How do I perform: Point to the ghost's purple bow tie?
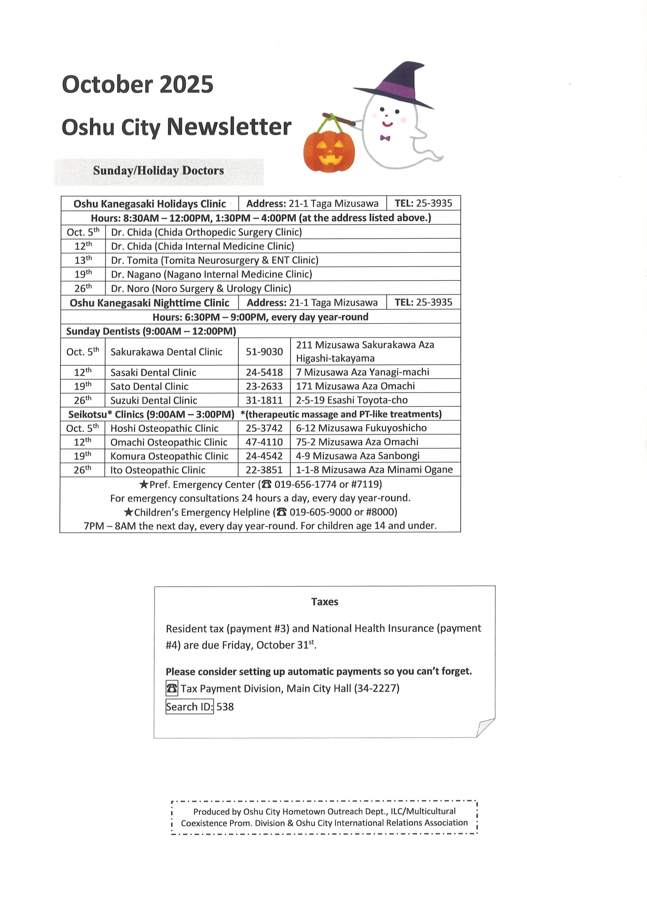pos(385,138)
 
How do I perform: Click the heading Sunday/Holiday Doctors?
pos(158,170)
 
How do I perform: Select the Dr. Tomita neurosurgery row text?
pos(214,260)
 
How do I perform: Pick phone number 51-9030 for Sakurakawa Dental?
pos(264,351)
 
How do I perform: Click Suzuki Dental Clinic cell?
pos(153,400)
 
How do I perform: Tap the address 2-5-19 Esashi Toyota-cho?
pos(352,400)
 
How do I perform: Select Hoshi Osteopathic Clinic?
pos(164,428)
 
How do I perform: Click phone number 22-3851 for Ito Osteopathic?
pos(264,470)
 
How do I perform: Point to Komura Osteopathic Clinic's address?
pos(357,455)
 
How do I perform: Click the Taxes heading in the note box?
pos(325,602)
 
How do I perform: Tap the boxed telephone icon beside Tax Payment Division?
pos(172,688)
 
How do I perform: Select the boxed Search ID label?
pos(189,707)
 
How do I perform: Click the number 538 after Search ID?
pos(225,707)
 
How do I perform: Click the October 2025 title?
pos(138,84)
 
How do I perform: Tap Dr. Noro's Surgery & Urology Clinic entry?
pos(201,288)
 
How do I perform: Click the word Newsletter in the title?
pos(229,127)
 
